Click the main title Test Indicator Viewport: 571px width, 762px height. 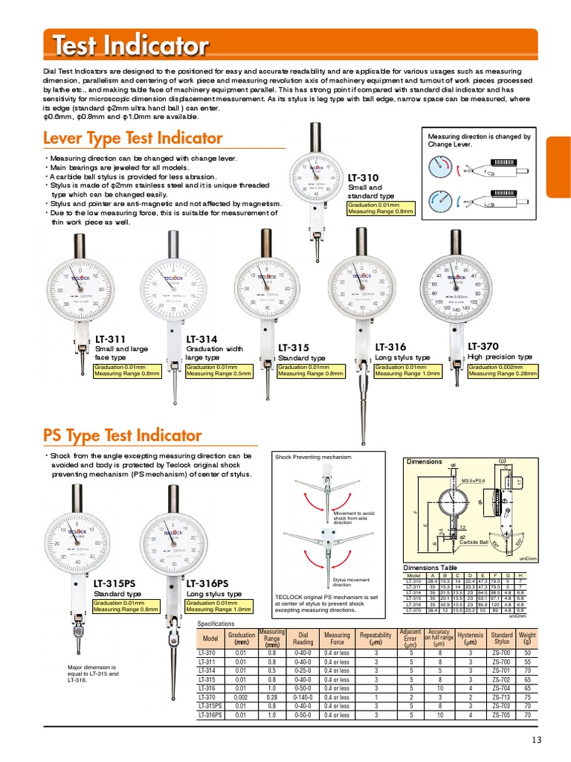130,46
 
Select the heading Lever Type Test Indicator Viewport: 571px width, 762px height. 132,138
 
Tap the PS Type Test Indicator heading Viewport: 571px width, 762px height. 122,435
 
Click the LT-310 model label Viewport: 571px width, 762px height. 363,178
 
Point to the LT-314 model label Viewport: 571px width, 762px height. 201,339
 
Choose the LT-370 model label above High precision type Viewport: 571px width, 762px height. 483,346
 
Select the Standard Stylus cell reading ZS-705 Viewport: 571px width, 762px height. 501,714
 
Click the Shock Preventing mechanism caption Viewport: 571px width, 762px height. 312,457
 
